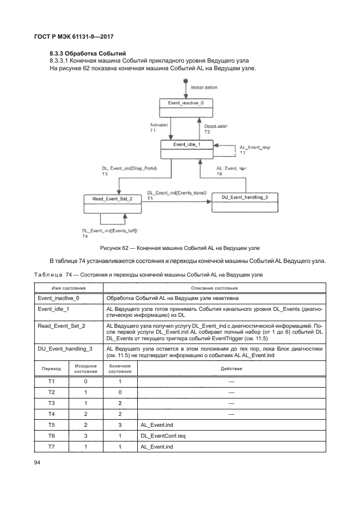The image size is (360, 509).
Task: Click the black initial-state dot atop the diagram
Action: point(186,81)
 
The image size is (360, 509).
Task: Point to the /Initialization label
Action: point(204,88)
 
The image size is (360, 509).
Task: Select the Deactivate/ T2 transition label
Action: point(216,129)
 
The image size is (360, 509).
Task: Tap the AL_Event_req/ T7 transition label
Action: point(255,150)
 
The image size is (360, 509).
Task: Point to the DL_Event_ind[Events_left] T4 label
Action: point(106,233)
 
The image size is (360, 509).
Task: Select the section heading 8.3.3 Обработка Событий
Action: point(88,53)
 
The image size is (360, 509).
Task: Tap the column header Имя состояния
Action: point(69,288)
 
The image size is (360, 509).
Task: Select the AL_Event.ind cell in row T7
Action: point(156,446)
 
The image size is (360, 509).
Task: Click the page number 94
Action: point(38,463)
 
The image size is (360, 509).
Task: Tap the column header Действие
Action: point(231,369)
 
